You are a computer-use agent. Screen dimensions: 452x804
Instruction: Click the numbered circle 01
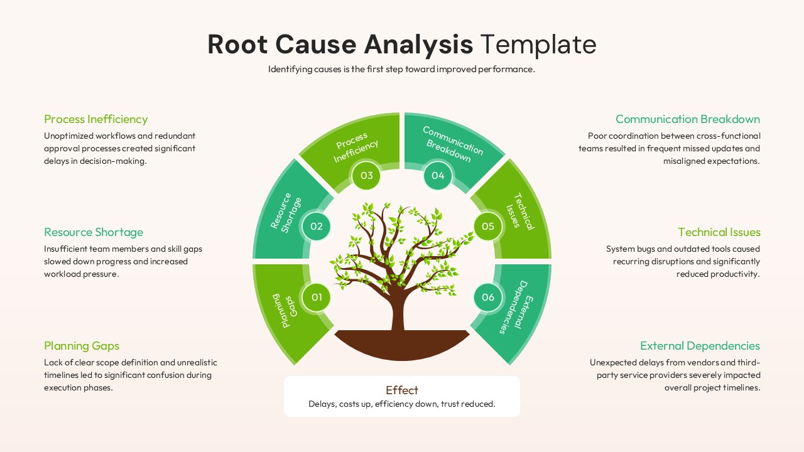pos(317,297)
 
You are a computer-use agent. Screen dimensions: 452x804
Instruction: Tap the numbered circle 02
pos(317,226)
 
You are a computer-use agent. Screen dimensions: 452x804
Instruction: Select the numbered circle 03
pos(366,175)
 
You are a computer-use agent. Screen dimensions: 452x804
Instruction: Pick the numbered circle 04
pos(438,175)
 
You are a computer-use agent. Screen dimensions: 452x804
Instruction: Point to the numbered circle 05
pos(488,226)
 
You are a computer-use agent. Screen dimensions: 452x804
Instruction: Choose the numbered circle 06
pos(488,297)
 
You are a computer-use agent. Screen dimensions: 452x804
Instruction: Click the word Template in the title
pos(538,45)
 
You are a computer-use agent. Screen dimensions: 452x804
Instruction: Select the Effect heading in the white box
pos(402,390)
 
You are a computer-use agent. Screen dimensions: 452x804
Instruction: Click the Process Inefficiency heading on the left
pos(96,119)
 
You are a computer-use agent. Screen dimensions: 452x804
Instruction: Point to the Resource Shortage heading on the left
pos(94,232)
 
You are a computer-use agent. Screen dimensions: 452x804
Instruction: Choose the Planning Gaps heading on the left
pos(82,346)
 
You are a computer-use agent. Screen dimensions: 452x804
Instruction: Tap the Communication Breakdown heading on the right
pos(688,119)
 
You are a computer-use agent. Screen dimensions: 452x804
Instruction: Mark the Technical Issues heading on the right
pos(719,232)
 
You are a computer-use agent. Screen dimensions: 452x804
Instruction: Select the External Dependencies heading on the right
pos(700,346)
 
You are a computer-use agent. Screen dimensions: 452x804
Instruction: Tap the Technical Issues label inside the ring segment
pos(519,210)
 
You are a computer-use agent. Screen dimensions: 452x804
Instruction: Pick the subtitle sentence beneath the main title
pos(401,69)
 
